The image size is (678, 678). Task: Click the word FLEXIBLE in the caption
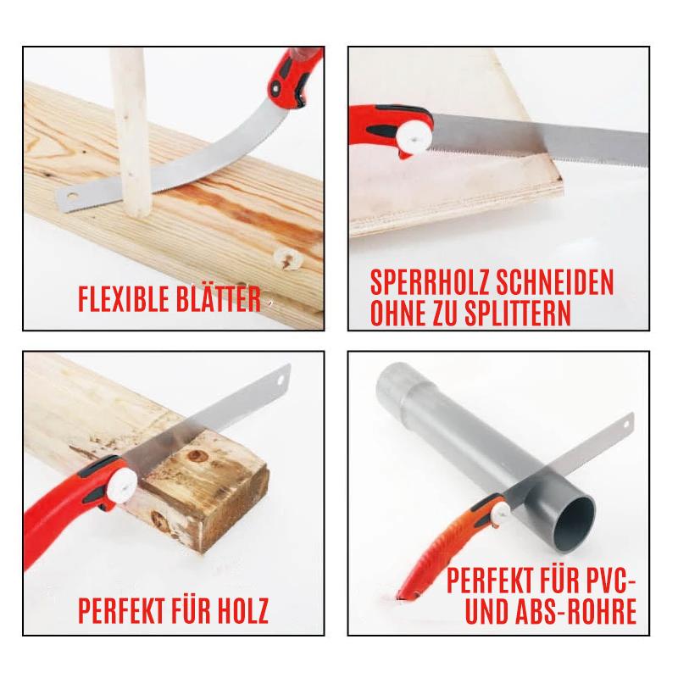[124, 299]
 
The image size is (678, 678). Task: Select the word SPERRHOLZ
[430, 282]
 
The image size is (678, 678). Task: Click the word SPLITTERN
[518, 312]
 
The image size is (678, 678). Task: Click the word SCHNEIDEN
[554, 282]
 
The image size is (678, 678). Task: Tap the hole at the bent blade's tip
[71, 197]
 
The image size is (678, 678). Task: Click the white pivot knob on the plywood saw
[414, 138]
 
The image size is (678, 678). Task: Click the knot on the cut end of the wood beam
[196, 456]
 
